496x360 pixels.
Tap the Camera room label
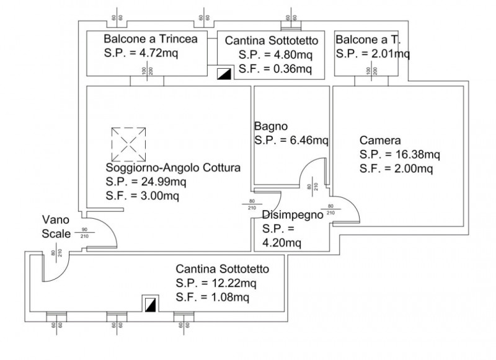click(x=380, y=140)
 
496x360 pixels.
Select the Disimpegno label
click(x=293, y=216)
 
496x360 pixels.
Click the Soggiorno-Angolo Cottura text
click(x=173, y=168)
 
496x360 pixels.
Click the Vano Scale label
click(x=55, y=226)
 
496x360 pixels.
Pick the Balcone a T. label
click(x=368, y=40)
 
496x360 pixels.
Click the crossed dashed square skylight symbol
click(x=129, y=143)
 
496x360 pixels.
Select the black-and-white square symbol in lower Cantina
click(x=150, y=305)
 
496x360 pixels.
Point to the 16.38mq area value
click(x=415, y=154)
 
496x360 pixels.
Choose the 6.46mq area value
click(x=308, y=141)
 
